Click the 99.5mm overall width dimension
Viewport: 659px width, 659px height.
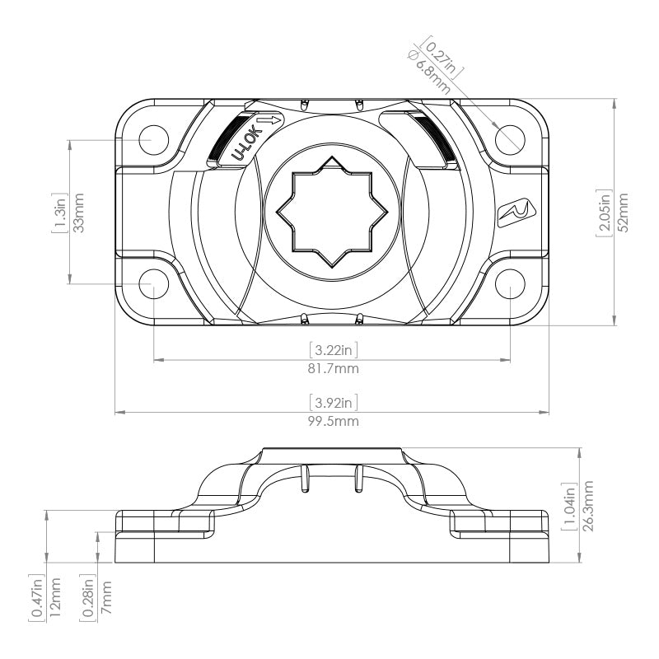click(333, 422)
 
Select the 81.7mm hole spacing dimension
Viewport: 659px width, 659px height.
click(333, 369)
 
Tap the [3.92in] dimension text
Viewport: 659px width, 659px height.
click(333, 403)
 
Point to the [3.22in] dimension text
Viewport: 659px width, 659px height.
click(333, 350)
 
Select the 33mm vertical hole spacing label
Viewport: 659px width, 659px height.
click(80, 213)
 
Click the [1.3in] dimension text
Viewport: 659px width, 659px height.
click(60, 213)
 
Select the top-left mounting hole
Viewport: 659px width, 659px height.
click(154, 139)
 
